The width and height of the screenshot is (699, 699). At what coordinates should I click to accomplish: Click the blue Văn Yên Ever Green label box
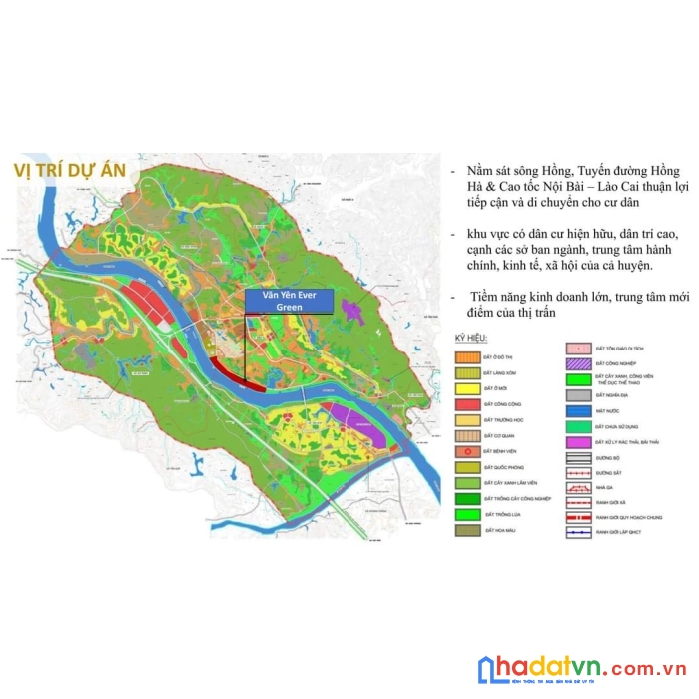click(288, 303)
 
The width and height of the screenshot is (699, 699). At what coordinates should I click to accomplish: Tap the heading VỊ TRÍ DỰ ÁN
click(70, 169)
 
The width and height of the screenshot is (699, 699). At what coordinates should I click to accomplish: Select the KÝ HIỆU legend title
click(471, 340)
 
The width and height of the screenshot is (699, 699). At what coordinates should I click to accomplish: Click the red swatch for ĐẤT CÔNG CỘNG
click(469, 404)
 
